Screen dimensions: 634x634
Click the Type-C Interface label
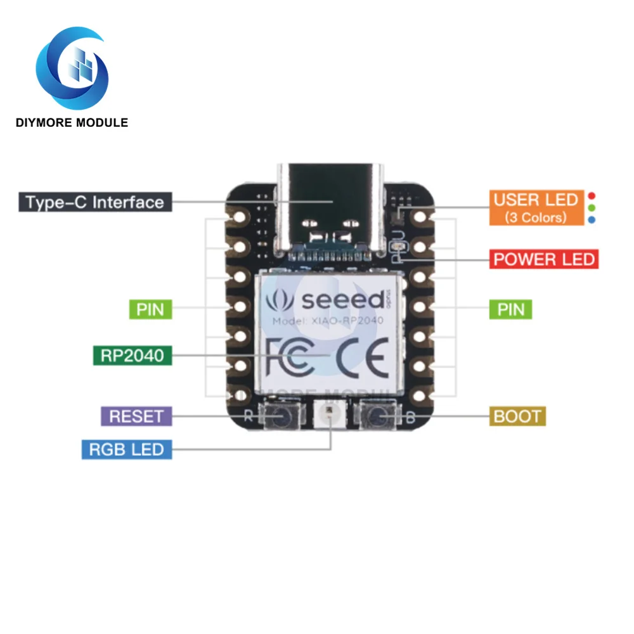[95, 202]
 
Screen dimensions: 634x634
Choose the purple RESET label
[136, 417]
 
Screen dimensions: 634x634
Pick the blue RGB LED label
[127, 450]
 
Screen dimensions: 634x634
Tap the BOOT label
[517, 417]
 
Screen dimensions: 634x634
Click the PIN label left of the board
[150, 309]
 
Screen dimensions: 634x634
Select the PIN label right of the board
[511, 309]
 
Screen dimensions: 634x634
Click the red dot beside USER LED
[591, 196]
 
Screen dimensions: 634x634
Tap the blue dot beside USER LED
[591, 219]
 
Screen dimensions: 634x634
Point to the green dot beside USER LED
[591, 207]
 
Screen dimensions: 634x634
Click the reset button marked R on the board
[280, 417]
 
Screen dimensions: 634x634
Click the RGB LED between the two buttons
[330, 417]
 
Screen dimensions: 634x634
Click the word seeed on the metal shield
[342, 299]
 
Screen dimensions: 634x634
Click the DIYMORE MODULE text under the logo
[72, 122]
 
